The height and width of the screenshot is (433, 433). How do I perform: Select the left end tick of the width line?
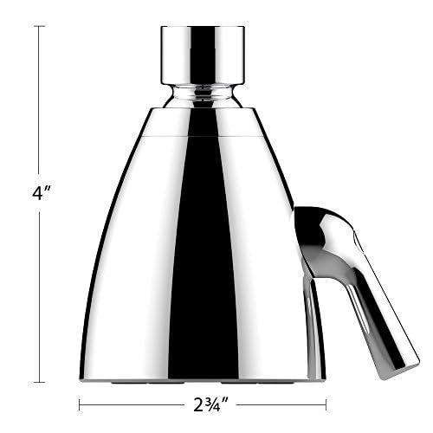click(x=80, y=404)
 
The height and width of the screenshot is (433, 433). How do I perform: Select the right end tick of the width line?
click(x=326, y=404)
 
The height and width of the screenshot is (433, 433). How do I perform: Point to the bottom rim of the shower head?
click(x=202, y=378)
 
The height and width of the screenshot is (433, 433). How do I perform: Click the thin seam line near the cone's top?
click(x=202, y=136)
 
